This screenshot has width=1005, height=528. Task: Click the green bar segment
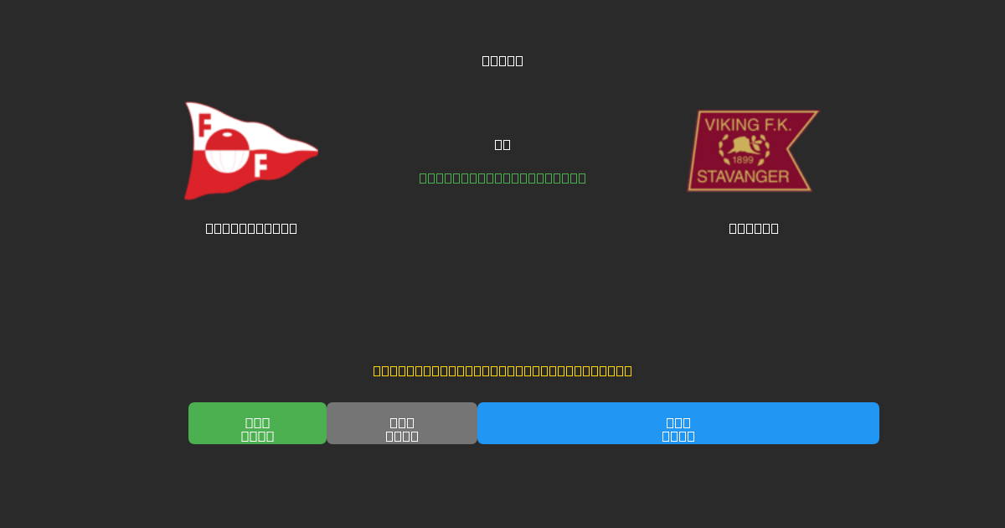point(257,423)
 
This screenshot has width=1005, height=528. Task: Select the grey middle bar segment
point(402,423)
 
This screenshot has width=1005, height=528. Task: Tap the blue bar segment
point(678,423)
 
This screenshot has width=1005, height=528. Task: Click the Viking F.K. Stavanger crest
point(751,151)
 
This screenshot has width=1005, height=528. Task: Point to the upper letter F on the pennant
point(204,125)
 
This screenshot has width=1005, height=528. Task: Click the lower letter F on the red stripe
point(260,166)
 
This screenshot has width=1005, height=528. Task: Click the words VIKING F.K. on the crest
point(747,125)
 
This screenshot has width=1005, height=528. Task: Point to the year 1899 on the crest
point(743,160)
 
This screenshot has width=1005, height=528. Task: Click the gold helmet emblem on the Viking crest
point(743,146)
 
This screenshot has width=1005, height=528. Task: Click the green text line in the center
point(502,178)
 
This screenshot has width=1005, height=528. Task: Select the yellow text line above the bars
point(502,370)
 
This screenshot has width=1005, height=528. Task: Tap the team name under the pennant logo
point(251,228)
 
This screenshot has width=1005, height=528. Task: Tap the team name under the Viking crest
point(754,228)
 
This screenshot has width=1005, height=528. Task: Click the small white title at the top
point(502,60)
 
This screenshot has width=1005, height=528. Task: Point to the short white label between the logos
point(502,144)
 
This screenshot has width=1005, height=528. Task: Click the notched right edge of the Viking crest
point(791,151)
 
